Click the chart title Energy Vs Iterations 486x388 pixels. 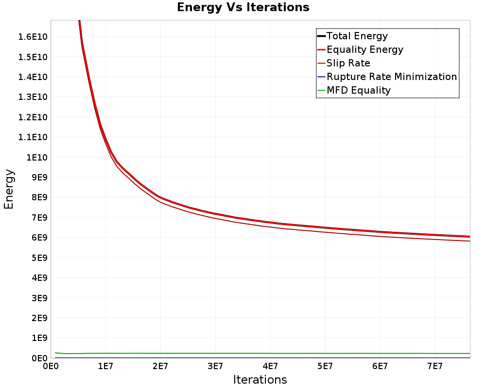click(243, 7)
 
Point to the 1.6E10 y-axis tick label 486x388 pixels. click(33, 37)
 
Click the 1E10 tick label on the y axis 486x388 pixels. click(37, 157)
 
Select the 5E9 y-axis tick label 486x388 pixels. click(39, 258)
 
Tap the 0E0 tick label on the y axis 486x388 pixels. click(39, 358)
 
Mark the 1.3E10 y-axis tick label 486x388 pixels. click(33, 97)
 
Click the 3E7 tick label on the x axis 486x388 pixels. click(215, 366)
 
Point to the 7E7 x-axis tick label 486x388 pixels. click(435, 366)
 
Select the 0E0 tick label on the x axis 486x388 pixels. click(51, 366)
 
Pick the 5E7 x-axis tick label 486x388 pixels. click(325, 366)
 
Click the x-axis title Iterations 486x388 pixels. click(260, 379)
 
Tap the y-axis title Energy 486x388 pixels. click(9, 189)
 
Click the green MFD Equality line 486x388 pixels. click(262, 354)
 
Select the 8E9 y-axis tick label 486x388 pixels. click(39, 197)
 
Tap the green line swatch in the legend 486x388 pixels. click(321, 90)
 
